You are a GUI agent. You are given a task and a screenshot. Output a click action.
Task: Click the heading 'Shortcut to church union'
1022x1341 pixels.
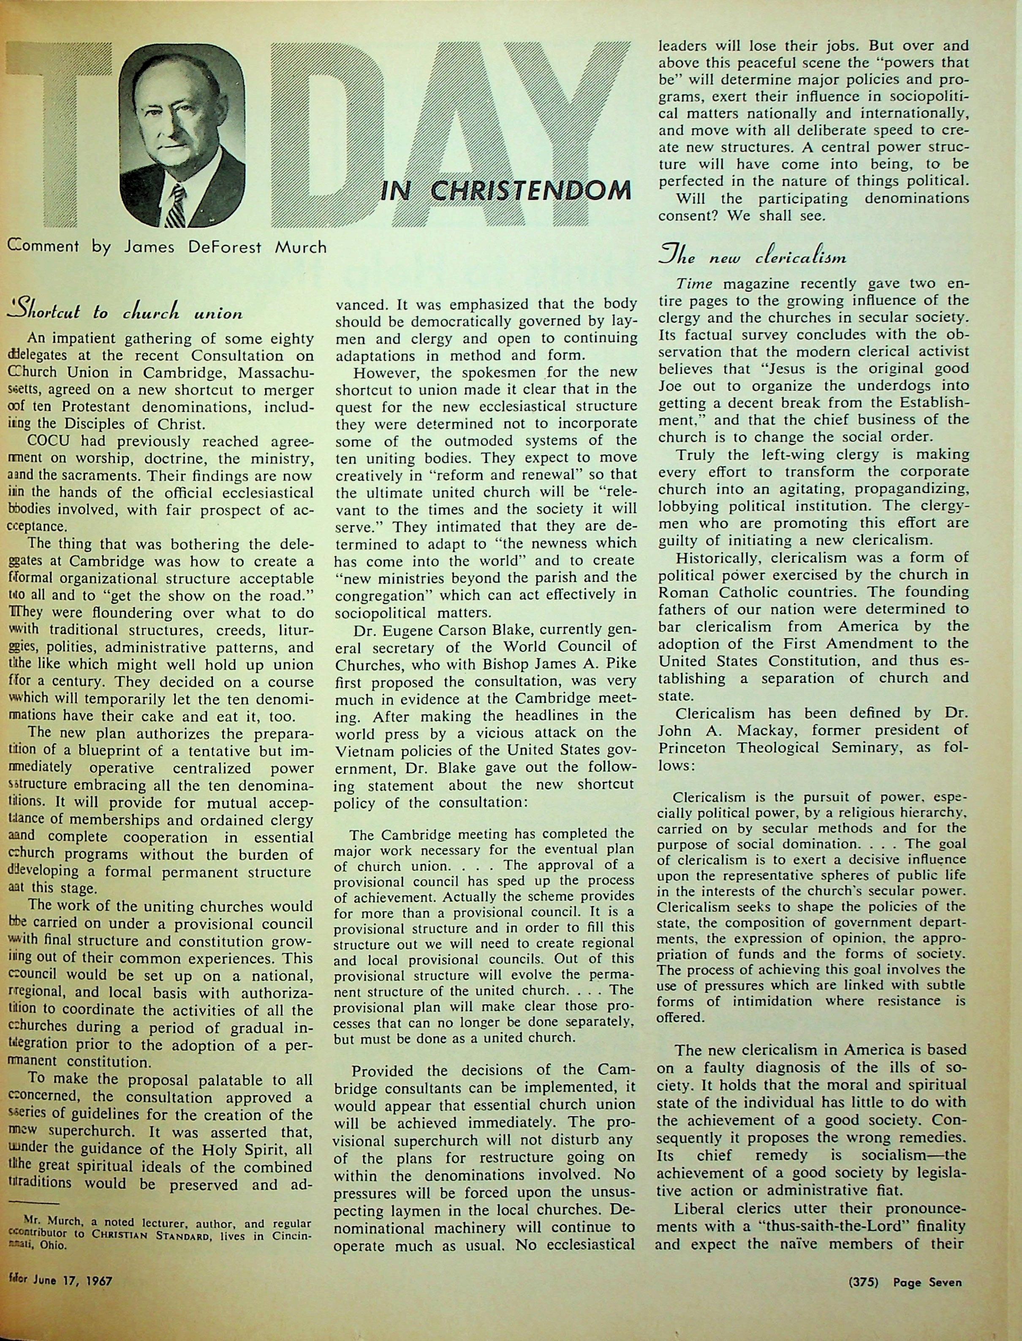[125, 312]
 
